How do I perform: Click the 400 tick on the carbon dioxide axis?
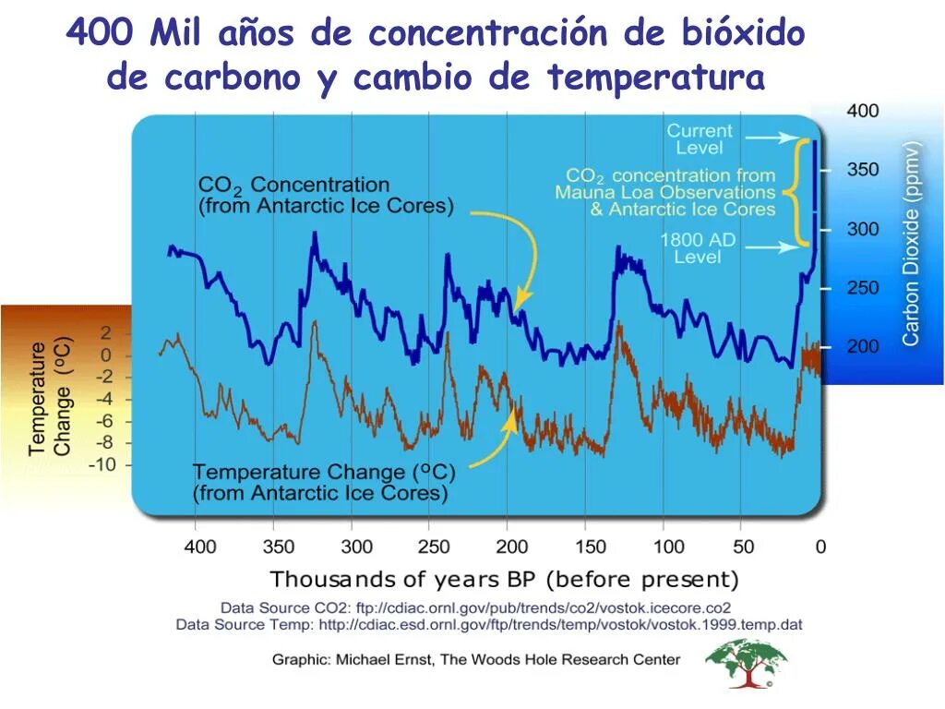[863, 112]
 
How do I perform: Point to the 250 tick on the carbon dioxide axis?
[863, 288]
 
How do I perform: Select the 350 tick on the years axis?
[278, 547]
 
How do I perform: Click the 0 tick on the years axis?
[820, 547]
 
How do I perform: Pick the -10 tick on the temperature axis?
[102, 465]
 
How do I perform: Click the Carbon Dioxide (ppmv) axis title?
[911, 244]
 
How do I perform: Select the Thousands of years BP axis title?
[504, 581]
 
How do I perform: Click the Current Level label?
[699, 139]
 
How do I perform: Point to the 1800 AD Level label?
[698, 247]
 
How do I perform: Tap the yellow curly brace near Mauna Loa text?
[793, 192]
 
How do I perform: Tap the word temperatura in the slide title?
[656, 78]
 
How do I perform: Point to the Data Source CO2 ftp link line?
[475, 607]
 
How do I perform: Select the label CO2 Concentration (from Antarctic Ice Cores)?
[326, 196]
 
